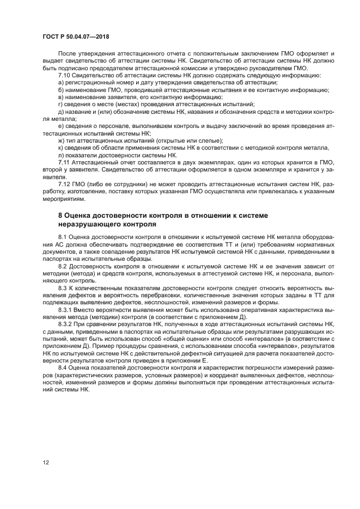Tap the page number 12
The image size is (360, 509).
(x=46, y=462)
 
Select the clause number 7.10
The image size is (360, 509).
(x=64, y=76)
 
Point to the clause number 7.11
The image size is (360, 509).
(x=64, y=162)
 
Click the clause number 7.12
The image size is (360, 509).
(x=64, y=184)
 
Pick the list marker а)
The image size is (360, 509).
(x=61, y=83)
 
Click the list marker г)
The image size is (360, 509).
(x=60, y=105)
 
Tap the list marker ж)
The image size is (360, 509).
(x=62, y=140)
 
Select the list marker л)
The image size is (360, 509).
(x=61, y=155)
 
